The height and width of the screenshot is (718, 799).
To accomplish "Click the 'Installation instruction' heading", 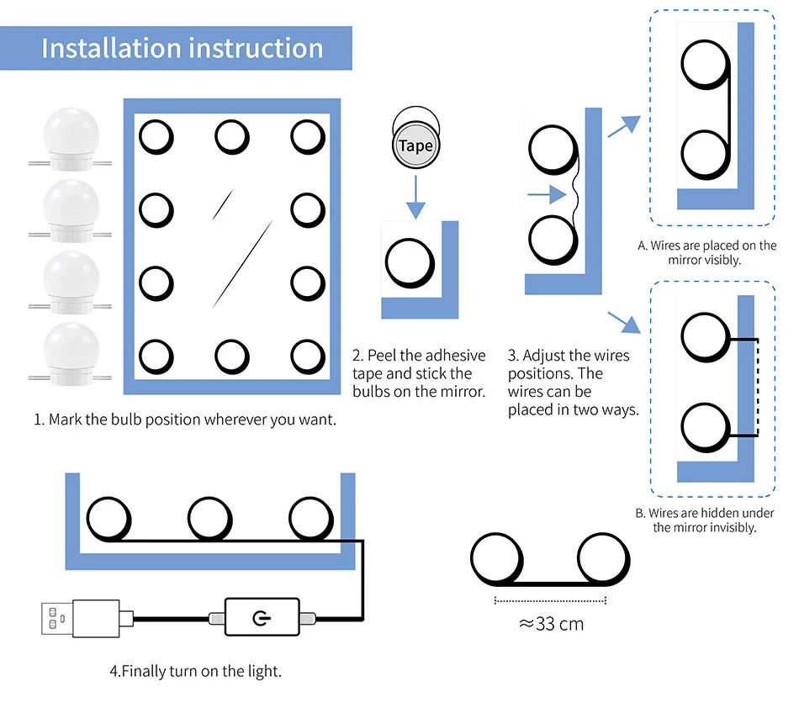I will point(182,48).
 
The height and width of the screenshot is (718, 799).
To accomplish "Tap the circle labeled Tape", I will point(415,145).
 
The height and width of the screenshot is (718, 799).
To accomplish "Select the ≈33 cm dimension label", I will point(551,624).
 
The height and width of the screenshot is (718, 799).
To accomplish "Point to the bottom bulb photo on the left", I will point(71,351).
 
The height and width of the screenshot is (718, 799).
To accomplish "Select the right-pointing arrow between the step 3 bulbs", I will point(546,195).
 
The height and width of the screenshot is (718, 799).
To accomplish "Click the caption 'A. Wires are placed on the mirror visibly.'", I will point(706,253).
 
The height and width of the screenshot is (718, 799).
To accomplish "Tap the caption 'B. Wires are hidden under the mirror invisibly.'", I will point(706,520).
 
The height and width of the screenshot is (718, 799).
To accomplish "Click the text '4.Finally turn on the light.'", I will point(195,671).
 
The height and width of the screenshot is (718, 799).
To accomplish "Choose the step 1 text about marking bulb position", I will point(185,419).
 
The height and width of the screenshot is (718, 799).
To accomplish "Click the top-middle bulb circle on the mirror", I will point(231,136).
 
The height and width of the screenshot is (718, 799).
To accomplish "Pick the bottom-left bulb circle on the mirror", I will point(156,356).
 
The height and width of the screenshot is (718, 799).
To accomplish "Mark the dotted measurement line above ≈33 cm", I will point(551,600).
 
